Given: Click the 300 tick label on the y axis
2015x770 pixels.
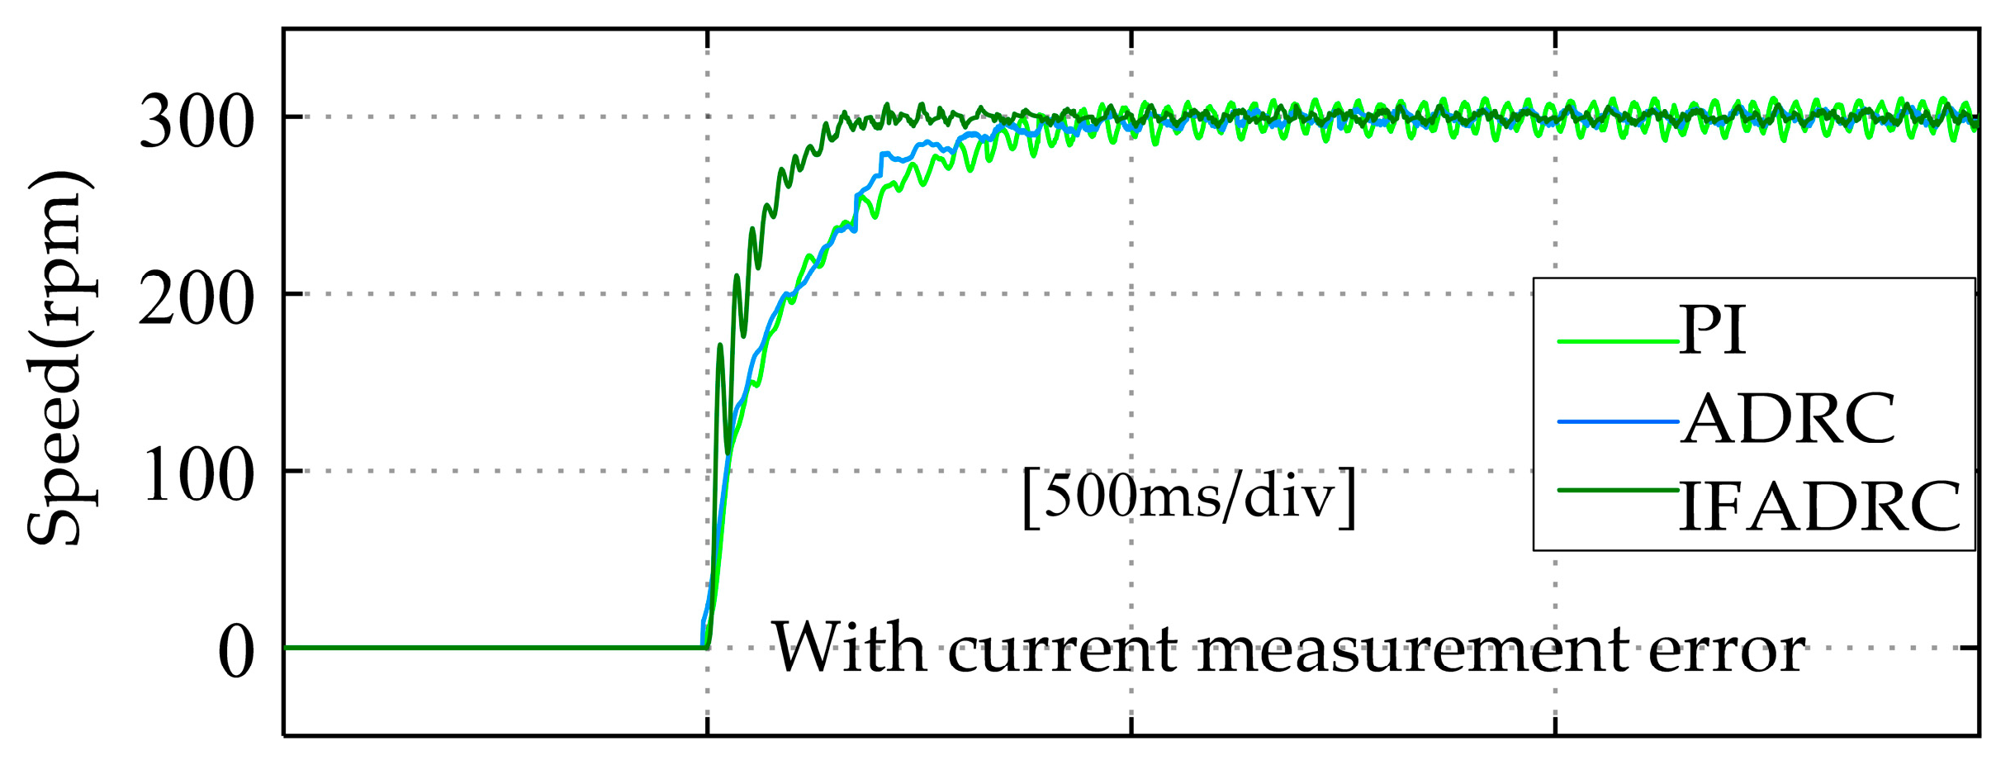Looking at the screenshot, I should [196, 122].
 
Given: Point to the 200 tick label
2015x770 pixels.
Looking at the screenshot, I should [196, 299].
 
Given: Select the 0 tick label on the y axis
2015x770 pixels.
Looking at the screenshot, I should [235, 653].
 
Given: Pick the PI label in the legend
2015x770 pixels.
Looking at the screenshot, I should [1713, 330].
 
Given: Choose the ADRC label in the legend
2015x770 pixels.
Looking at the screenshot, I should [1788, 419].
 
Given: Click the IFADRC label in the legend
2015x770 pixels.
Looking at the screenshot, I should [1820, 506].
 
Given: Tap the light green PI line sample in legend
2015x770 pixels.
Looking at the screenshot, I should [1618, 340].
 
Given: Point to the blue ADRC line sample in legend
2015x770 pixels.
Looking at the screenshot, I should [1618, 422].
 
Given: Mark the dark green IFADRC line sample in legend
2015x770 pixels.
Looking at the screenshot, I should [1618, 491].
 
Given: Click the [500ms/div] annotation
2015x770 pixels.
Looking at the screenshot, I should [1189, 497].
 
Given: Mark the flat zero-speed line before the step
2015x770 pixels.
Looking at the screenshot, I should [495, 648].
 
